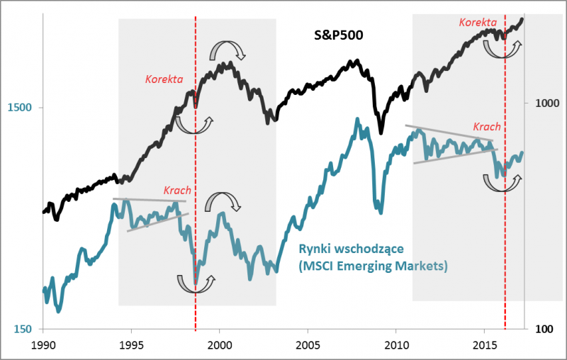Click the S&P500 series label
339,33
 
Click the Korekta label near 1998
164,78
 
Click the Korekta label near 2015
478,23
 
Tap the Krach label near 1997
177,190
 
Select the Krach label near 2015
488,127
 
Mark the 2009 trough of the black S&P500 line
381,132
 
